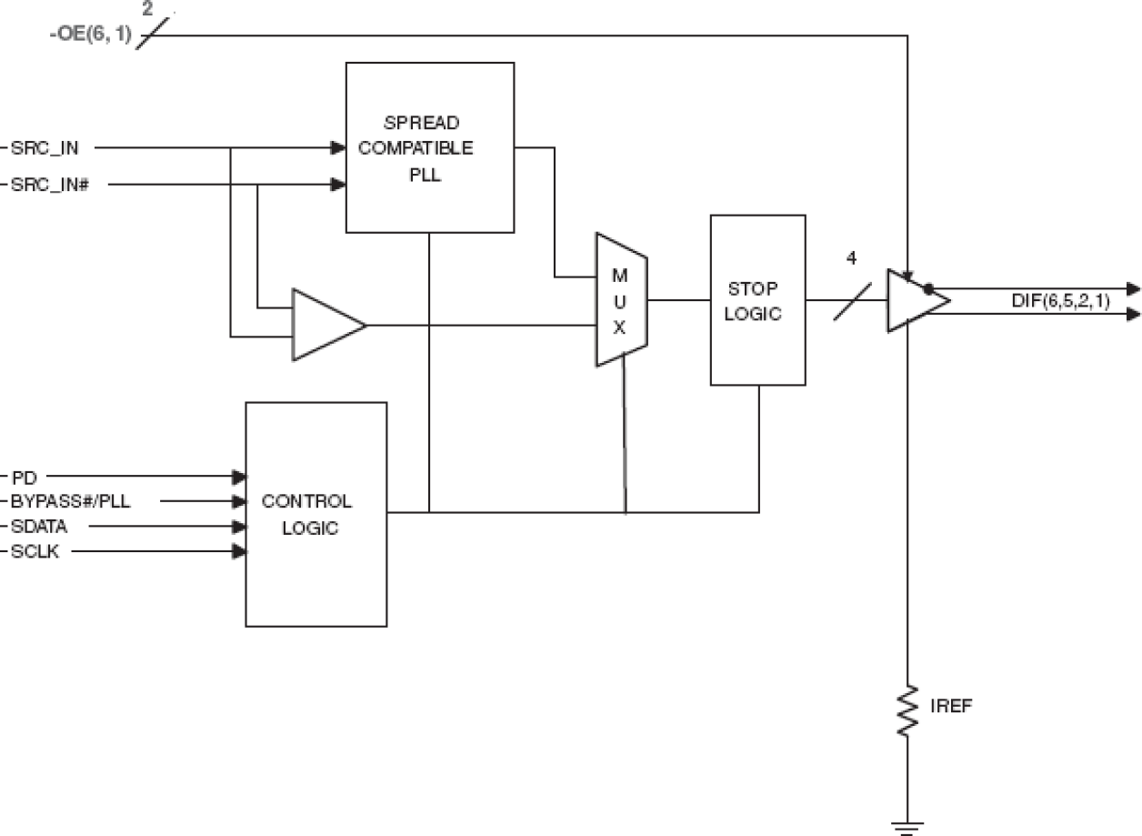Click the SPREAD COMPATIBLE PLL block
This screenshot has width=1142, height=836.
pos(429,147)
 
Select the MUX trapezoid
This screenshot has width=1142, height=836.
pos(621,300)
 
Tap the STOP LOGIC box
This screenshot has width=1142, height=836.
pos(757,300)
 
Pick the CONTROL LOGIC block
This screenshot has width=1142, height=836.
pos(316,514)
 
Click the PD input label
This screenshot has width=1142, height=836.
pos(25,476)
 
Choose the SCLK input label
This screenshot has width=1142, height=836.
pos(35,551)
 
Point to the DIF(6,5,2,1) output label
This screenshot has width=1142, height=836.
pos(1060,302)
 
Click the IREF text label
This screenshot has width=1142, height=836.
pos(951,706)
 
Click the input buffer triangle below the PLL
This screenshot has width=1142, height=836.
pos(326,325)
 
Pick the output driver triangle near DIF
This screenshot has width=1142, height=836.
pos(914,299)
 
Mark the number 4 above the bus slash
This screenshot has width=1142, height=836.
pos(851,258)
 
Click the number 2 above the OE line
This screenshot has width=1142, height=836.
pos(147,10)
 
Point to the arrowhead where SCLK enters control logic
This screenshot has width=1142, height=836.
pos(239,551)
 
